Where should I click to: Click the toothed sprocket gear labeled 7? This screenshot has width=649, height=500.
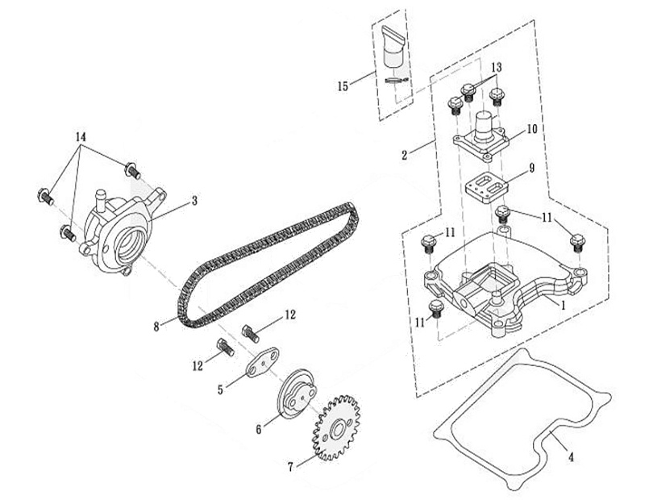click(x=336, y=428)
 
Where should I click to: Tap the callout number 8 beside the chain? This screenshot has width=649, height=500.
click(x=156, y=327)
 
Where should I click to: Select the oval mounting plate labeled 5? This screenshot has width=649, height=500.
click(x=264, y=362)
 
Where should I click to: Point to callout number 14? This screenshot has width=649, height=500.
click(x=81, y=136)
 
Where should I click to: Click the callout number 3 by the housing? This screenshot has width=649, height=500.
click(x=193, y=201)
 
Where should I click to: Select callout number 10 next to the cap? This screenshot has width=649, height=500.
click(x=531, y=129)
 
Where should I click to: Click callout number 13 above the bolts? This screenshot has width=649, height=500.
click(x=497, y=67)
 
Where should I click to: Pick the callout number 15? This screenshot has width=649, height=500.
click(x=343, y=86)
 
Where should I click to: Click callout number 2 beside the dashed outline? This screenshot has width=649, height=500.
click(x=405, y=155)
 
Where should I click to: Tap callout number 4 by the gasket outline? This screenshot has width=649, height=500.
click(x=571, y=457)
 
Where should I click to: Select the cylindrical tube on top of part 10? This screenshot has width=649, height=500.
click(x=484, y=127)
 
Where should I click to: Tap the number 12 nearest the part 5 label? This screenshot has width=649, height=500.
click(x=198, y=365)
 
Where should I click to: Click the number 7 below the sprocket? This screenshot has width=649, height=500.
click(x=290, y=467)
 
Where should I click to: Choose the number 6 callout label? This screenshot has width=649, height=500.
click(x=258, y=430)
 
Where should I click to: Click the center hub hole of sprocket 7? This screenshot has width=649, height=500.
click(x=336, y=428)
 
